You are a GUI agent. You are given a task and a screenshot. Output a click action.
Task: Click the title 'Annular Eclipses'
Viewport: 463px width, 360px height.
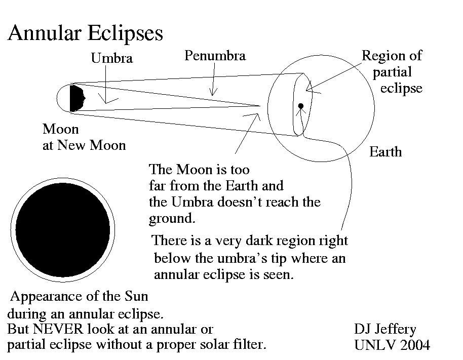[x=85, y=34]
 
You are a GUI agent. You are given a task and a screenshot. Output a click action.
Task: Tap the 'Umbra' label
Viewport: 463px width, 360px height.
[x=111, y=58]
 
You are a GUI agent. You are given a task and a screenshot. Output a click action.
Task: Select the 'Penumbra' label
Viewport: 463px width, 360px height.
[x=215, y=55]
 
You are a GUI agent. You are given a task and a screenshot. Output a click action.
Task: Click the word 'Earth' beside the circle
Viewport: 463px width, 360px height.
[x=385, y=151]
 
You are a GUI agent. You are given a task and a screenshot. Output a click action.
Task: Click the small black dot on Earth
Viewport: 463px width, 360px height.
[x=300, y=106]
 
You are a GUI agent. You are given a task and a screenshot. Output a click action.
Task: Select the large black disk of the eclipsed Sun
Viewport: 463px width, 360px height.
[x=63, y=228]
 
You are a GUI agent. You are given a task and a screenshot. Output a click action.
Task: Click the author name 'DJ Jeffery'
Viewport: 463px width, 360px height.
[x=385, y=330]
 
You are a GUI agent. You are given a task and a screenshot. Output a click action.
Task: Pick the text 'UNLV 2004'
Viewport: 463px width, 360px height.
[x=392, y=345]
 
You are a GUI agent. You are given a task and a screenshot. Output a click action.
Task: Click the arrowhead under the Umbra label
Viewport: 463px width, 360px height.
[x=106, y=101]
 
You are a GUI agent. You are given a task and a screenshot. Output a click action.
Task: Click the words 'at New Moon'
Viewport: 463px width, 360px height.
[x=84, y=145]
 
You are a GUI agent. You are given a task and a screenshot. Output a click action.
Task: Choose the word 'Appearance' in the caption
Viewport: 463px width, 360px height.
[x=43, y=296]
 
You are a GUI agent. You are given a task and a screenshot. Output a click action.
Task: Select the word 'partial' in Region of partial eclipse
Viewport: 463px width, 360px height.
[x=392, y=72]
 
